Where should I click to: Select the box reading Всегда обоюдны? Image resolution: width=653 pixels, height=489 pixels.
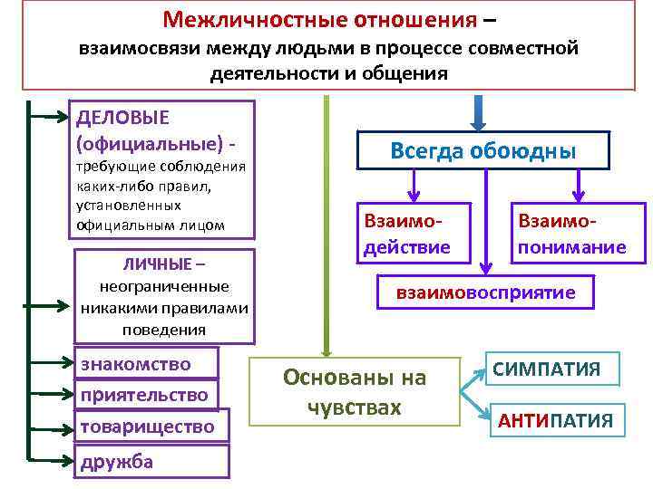point(482,150)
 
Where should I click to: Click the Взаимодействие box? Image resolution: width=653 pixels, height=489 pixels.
point(405,234)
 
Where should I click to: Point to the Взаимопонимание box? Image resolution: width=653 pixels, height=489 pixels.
point(571,234)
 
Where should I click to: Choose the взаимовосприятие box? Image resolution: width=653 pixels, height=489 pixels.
point(485,293)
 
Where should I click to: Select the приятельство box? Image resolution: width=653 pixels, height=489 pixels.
point(144,395)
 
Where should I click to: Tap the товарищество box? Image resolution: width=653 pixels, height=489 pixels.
point(147,426)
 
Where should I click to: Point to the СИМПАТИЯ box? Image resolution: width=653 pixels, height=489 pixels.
point(552,369)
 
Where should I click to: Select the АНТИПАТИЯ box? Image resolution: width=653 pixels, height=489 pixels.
point(555,420)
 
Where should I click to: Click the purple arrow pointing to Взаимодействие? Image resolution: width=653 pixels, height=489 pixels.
point(414,186)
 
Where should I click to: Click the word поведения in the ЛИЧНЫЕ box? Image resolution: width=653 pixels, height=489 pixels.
point(164,328)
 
